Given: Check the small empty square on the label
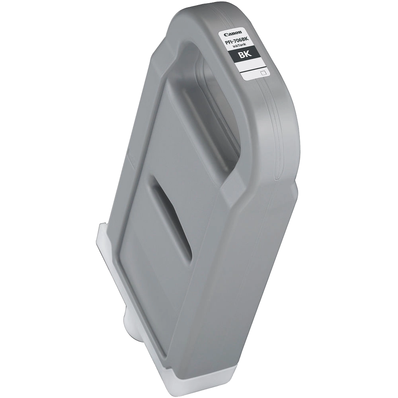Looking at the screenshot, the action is pos(263,73).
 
